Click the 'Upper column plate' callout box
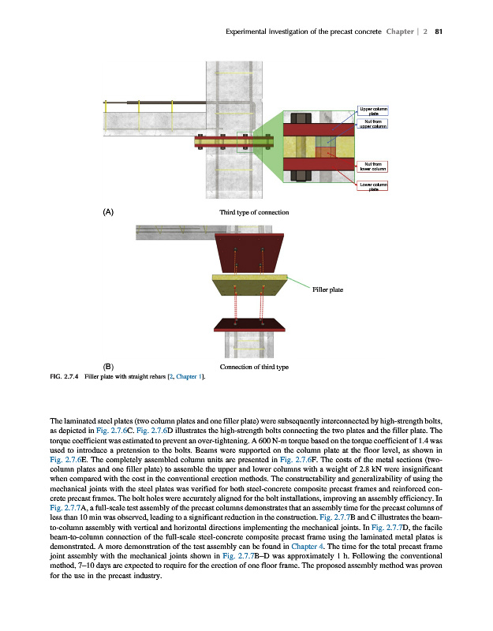(x=372, y=110)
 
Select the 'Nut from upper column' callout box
(x=372, y=123)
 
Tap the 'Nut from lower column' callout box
(x=372, y=166)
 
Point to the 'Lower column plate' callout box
(x=372, y=186)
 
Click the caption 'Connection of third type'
(x=254, y=367)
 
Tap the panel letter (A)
(x=110, y=213)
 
